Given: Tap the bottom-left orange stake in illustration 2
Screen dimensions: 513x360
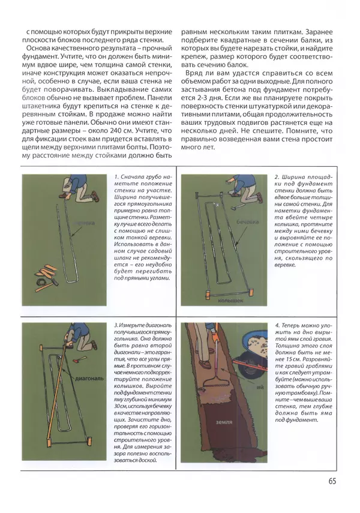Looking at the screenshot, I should point(207,293).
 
